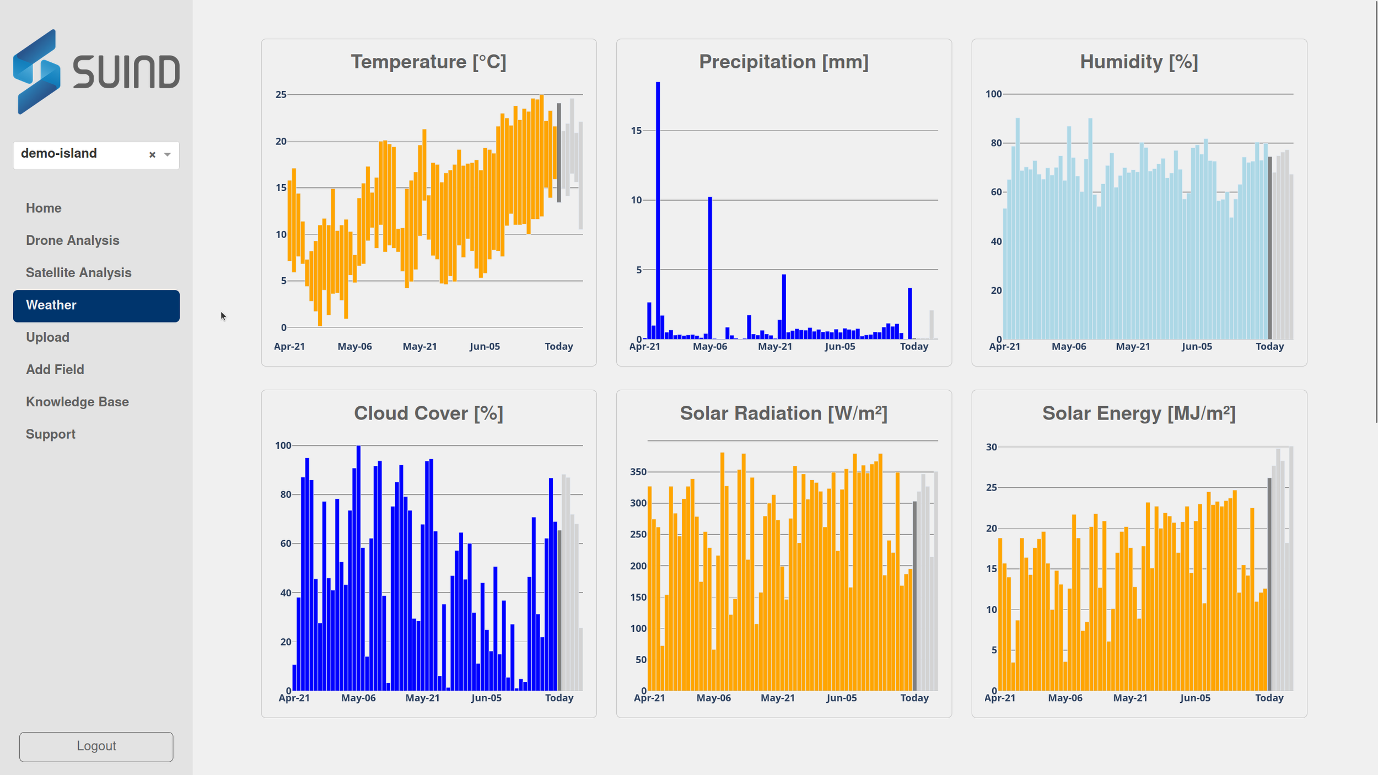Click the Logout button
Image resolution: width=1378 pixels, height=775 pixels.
[96, 746]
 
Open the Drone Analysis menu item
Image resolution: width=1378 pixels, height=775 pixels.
[72, 240]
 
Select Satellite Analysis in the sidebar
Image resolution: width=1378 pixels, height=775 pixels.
[78, 273]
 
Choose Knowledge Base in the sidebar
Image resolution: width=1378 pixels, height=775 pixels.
[77, 402]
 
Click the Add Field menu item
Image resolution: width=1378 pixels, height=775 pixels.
[55, 370]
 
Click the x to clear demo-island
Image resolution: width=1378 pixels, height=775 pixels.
[152, 155]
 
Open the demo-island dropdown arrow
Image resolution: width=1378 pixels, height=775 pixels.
[168, 155]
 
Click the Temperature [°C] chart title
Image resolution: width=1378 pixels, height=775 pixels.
[428, 62]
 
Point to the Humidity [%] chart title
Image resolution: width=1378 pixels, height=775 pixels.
[1139, 62]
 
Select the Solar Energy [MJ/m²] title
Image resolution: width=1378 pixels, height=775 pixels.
[1139, 413]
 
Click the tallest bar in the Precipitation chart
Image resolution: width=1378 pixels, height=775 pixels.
[658, 209]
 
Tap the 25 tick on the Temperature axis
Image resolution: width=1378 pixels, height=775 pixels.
[281, 95]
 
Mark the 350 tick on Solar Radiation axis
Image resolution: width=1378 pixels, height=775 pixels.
[638, 472]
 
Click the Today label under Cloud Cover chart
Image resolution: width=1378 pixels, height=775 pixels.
[559, 698]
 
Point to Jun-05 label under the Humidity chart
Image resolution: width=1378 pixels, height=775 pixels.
[1197, 347]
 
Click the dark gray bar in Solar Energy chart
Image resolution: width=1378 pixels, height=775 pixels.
[1269, 584]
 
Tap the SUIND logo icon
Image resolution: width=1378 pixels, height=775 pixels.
[37, 72]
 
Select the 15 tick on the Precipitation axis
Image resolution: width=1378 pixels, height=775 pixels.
[637, 131]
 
